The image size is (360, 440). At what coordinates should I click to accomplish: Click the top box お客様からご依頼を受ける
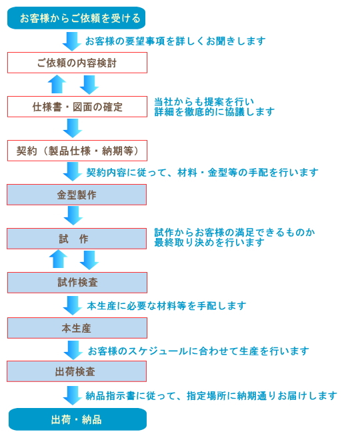(x=76, y=18)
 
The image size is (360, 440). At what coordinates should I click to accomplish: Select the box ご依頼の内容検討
(x=77, y=63)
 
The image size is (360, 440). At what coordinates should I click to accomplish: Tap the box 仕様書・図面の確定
(x=77, y=107)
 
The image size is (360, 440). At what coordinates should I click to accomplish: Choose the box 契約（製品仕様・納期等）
(x=77, y=151)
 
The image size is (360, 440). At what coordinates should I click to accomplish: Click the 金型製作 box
(x=77, y=195)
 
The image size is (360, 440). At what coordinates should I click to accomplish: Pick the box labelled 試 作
(x=77, y=239)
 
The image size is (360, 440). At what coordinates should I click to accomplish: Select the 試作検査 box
(x=77, y=283)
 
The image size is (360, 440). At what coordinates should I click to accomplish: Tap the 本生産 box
(x=77, y=328)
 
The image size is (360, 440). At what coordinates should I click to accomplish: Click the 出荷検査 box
(x=77, y=371)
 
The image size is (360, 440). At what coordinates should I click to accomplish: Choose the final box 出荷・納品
(x=77, y=419)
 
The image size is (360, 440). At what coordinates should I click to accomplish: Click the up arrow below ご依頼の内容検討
(x=57, y=84)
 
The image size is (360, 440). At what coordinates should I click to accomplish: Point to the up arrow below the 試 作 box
(x=58, y=259)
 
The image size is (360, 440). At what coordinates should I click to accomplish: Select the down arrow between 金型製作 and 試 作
(x=73, y=215)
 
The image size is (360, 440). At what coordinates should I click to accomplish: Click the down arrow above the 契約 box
(x=73, y=128)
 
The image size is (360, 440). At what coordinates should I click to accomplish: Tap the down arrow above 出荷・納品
(x=73, y=395)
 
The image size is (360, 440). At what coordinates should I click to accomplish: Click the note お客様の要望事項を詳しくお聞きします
(x=175, y=41)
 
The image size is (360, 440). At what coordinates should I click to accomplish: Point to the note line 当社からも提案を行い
(x=204, y=101)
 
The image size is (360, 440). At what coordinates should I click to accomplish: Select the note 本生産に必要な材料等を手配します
(x=167, y=305)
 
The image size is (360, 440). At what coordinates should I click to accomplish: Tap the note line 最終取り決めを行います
(x=209, y=243)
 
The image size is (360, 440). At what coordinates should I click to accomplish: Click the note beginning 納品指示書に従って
(x=211, y=395)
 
